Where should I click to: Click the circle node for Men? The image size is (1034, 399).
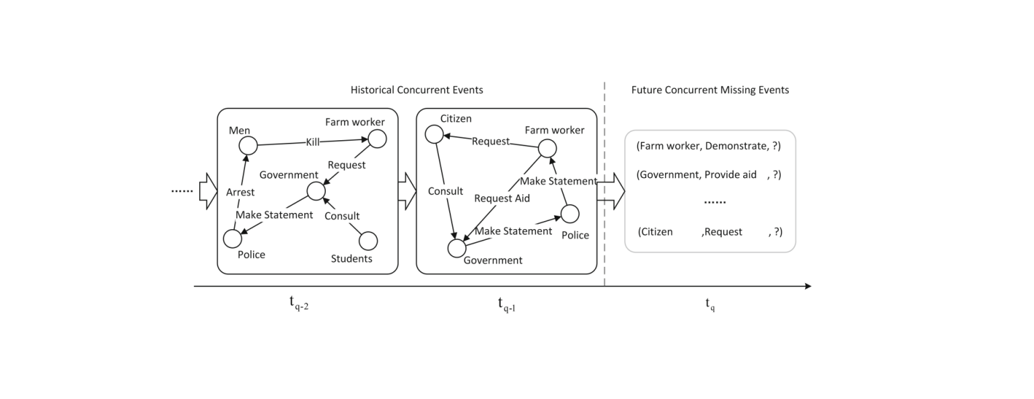(x=248, y=144)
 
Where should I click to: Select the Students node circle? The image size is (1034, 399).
(x=368, y=241)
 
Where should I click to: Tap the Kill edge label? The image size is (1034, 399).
(x=312, y=143)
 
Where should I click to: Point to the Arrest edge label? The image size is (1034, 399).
(x=240, y=192)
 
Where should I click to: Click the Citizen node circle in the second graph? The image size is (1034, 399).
(x=434, y=135)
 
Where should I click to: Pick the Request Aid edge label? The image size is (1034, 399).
(x=502, y=198)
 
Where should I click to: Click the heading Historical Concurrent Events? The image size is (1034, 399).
(x=417, y=90)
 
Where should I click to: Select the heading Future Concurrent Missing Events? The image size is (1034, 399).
(x=710, y=90)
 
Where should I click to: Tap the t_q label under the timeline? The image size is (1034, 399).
(x=710, y=304)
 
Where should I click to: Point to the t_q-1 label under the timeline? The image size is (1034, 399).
(x=506, y=304)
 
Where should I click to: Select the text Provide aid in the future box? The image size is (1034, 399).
(x=730, y=175)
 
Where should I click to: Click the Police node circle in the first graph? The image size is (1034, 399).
(x=232, y=239)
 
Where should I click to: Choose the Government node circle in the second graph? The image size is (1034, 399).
(x=456, y=248)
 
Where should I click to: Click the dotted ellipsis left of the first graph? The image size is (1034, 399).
(x=182, y=191)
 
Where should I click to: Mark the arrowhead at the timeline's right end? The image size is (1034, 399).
(x=807, y=286)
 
